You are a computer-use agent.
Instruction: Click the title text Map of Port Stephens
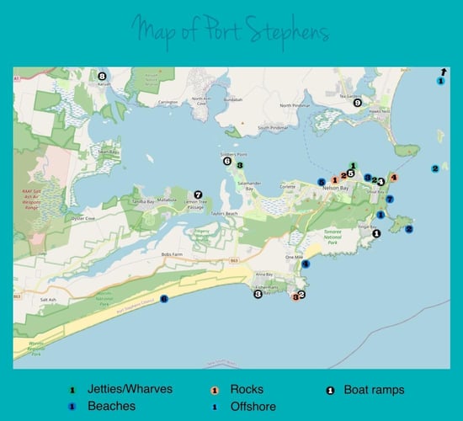tap(230, 34)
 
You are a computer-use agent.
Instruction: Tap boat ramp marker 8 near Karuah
tap(102, 75)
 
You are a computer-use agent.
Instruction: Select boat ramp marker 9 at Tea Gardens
tap(358, 103)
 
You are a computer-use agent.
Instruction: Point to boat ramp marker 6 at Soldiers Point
tap(227, 161)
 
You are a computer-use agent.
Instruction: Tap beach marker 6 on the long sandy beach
tap(164, 298)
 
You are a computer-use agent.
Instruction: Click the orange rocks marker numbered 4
tap(393, 176)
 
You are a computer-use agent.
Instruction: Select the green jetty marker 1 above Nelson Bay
tap(353, 166)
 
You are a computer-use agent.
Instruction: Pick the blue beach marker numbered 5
tap(322, 181)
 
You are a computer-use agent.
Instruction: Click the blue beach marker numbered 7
tap(390, 199)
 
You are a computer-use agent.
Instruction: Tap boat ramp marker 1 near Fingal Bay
tap(376, 233)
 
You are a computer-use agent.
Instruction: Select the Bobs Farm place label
tap(173, 253)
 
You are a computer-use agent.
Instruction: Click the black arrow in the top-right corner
tap(443, 72)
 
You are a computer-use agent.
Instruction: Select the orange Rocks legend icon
tap(216, 390)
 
